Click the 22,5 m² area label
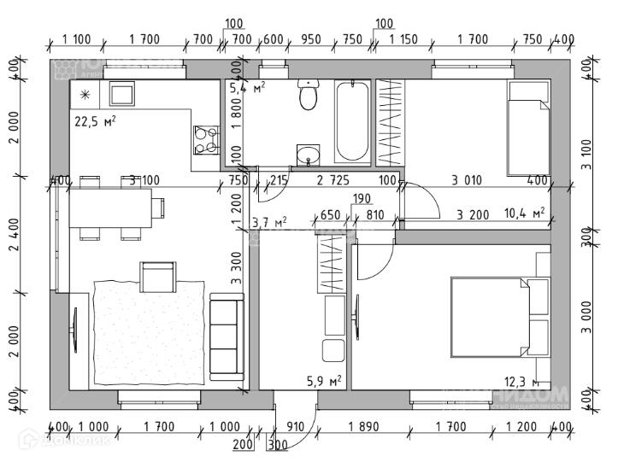[x=96, y=121]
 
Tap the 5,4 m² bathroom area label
[x=247, y=86]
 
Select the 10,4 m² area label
[x=525, y=213]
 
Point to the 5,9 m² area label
[x=325, y=380]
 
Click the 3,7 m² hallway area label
[x=269, y=223]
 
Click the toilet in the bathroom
[x=308, y=97]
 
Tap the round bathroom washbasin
[x=309, y=155]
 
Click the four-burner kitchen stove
[x=206, y=140]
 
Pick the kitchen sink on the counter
[x=121, y=93]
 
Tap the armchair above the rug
[x=158, y=278]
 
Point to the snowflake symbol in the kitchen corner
[x=85, y=95]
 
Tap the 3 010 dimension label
[x=468, y=180]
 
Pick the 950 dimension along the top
[x=312, y=39]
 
